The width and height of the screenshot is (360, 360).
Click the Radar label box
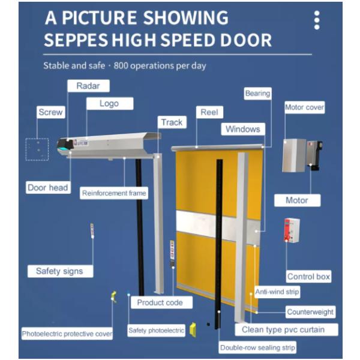pos(88,86)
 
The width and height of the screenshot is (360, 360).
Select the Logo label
pos(110,104)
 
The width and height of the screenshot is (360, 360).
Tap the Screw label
pos(51,112)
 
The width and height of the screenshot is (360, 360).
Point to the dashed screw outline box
pos(37,149)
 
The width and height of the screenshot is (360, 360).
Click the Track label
pos(172,122)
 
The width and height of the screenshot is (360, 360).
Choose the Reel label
pos(209,112)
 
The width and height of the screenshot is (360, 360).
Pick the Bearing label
pos(257,94)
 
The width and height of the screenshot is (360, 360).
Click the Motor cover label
pos(305,107)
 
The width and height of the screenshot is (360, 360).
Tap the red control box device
pos(292,230)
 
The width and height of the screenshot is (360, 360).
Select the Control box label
pos(308,277)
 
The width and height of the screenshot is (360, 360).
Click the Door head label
pos(48,188)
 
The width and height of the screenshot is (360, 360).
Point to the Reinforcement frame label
pos(114,193)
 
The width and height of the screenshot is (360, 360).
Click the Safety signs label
pos(60,271)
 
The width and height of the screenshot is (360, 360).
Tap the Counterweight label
pos(310,312)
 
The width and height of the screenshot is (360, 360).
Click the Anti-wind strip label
pos(277,292)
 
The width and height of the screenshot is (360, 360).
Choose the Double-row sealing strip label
pos(257,347)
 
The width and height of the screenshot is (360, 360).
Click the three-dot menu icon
pos(317,20)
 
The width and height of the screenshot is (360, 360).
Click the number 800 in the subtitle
pos(121,66)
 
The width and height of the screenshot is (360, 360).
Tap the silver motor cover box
pos(294,155)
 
